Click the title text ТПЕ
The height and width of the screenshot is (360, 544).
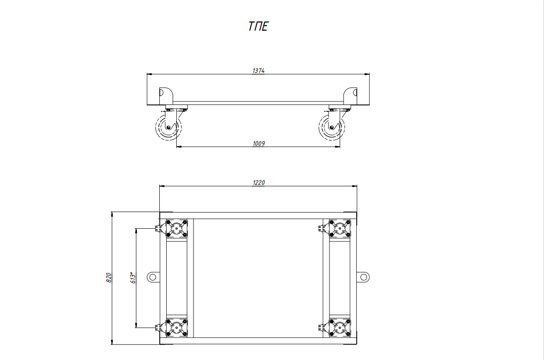(258, 26)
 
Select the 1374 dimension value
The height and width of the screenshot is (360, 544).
(258, 71)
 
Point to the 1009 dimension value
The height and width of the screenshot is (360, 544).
(259, 144)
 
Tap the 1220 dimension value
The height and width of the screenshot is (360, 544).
(259, 183)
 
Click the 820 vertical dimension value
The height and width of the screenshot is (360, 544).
(109, 277)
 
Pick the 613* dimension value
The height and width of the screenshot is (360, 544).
(133, 278)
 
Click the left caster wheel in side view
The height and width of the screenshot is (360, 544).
(168, 127)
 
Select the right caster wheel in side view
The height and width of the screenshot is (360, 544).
(332, 127)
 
